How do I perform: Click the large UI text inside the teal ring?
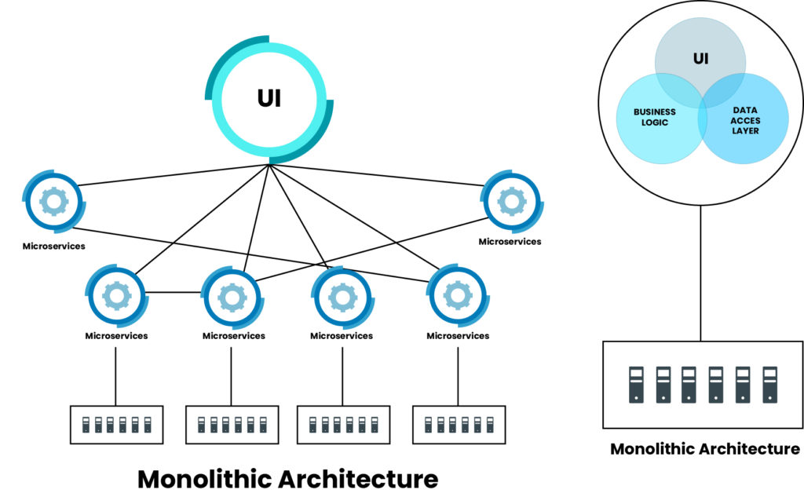click(x=269, y=99)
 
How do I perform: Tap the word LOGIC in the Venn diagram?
click(x=654, y=122)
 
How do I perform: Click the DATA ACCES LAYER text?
click(x=745, y=121)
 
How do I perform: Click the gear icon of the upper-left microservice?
click(x=54, y=202)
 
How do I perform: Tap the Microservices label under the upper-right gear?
click(x=510, y=242)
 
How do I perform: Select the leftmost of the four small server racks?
click(x=116, y=425)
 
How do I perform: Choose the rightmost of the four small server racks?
click(x=458, y=425)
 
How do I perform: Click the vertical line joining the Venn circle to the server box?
click(x=702, y=275)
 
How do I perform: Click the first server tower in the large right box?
click(x=637, y=385)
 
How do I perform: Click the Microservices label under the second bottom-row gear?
click(x=233, y=336)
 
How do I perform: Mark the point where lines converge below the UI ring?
click(x=269, y=164)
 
